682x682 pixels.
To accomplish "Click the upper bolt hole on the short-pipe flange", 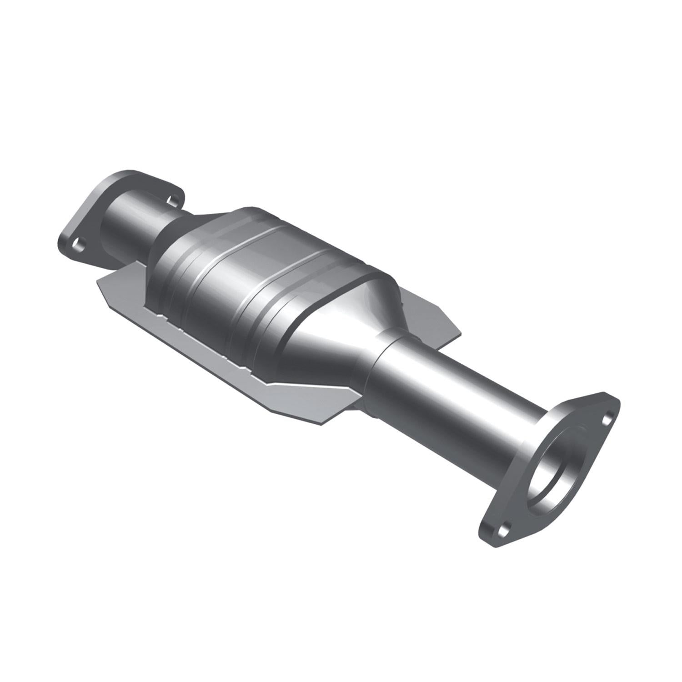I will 172,199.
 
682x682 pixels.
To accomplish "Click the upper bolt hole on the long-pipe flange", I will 606,419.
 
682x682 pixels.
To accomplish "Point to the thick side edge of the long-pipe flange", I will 491,541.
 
